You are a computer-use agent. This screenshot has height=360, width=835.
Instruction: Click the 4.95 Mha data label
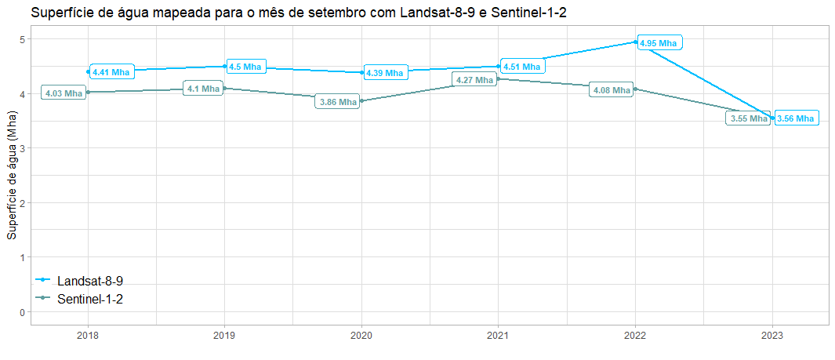659,43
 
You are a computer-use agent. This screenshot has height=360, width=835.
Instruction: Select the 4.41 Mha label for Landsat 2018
111,72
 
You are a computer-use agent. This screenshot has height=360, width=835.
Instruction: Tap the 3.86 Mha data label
338,102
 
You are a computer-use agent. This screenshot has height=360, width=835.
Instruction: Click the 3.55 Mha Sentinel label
749,119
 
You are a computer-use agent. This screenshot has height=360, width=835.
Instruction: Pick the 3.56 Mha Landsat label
796,118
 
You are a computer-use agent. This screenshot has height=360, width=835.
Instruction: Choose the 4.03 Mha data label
64,93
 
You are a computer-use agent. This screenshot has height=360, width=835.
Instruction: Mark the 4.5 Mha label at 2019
245,67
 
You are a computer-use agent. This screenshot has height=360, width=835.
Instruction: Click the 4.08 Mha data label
612,90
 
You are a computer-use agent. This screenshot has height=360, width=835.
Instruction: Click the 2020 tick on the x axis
361,335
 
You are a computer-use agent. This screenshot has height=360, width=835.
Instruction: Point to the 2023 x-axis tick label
772,335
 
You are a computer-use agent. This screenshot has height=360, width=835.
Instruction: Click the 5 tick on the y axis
24,39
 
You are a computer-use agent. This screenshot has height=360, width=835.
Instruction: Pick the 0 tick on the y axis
24,312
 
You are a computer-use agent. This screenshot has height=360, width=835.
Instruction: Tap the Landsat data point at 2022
635,42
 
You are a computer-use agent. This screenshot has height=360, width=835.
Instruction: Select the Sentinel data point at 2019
225,89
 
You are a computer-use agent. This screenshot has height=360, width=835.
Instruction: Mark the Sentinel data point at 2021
499,78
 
